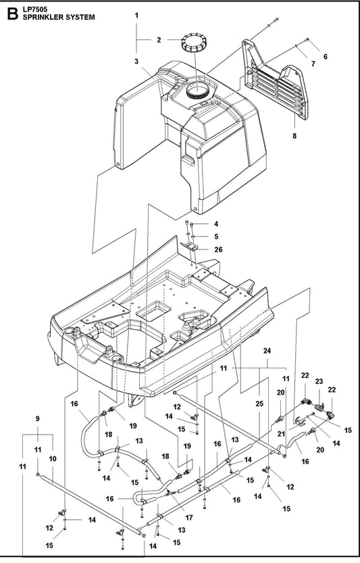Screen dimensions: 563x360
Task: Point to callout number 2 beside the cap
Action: (159, 40)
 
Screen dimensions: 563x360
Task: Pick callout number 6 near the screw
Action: (325, 56)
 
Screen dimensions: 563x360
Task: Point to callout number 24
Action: (267, 351)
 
